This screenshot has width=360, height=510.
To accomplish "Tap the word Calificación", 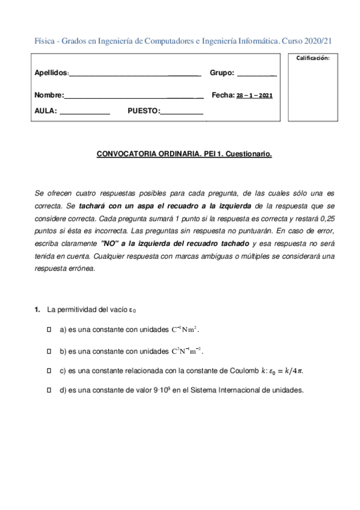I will (313, 58).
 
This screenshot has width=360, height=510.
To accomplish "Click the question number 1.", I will (37, 310).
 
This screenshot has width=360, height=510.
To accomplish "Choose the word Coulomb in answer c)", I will (239, 370).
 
